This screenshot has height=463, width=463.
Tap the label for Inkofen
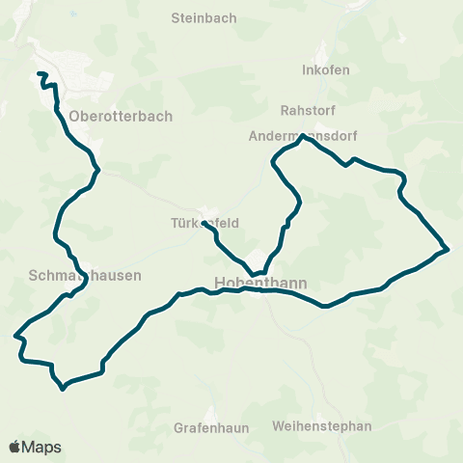325,70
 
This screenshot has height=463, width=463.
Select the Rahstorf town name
306,110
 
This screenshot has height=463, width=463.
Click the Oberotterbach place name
121,116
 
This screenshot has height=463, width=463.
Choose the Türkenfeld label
204,222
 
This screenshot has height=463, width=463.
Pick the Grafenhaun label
212,426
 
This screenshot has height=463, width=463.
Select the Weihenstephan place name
322,426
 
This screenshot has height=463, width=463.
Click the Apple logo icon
15,447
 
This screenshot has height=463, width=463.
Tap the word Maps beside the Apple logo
43,447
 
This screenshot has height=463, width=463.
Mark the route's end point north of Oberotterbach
39,74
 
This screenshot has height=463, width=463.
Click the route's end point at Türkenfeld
204,224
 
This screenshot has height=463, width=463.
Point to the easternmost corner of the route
449,250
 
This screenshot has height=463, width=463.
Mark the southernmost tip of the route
63,389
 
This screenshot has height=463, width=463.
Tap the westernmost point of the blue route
15,337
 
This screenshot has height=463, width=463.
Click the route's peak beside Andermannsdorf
303,136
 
